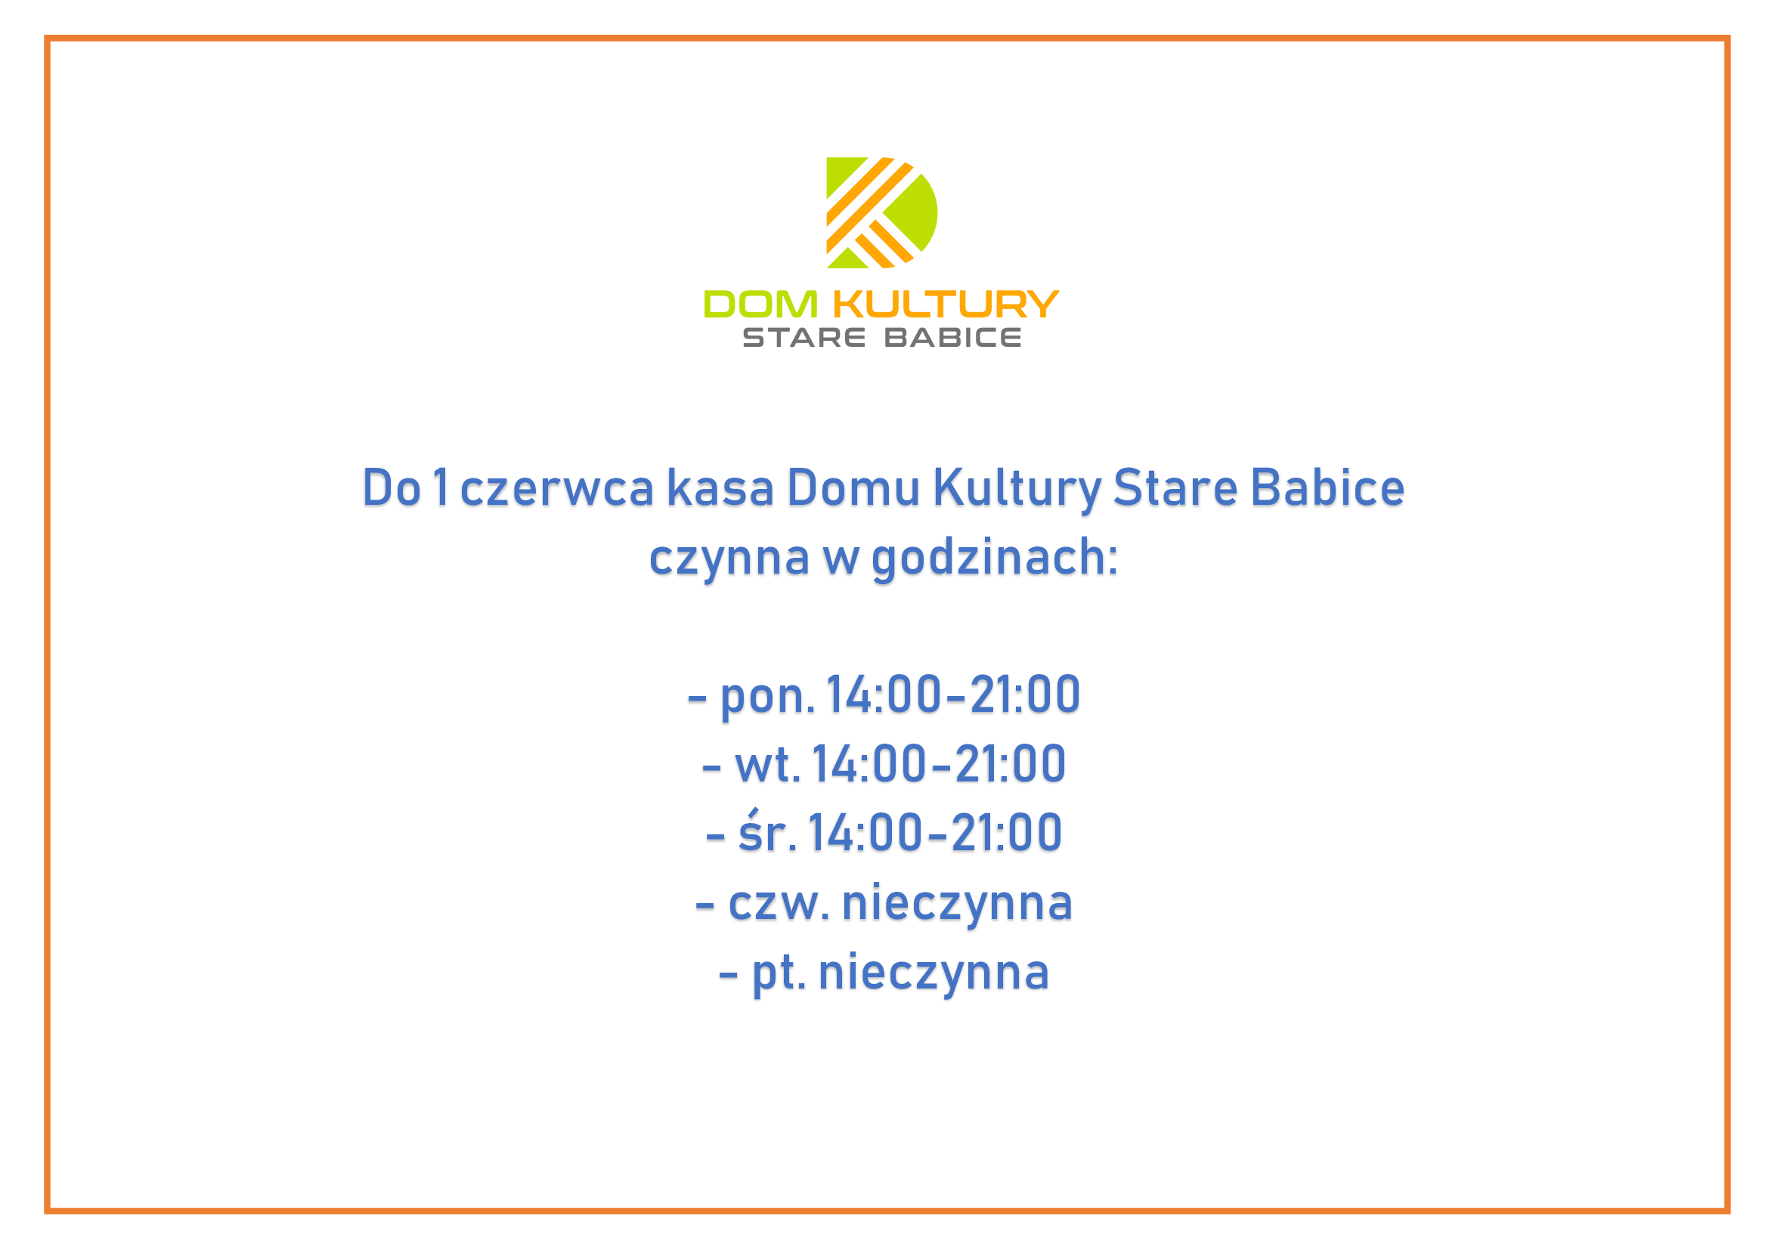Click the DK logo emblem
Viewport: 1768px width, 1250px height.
point(881,212)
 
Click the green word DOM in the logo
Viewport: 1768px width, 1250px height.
point(761,305)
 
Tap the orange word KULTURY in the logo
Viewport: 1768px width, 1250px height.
point(946,305)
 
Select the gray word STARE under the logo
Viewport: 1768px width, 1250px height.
point(804,338)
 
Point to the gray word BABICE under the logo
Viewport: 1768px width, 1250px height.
point(952,338)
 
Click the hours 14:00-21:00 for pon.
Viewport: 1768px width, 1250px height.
point(953,695)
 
